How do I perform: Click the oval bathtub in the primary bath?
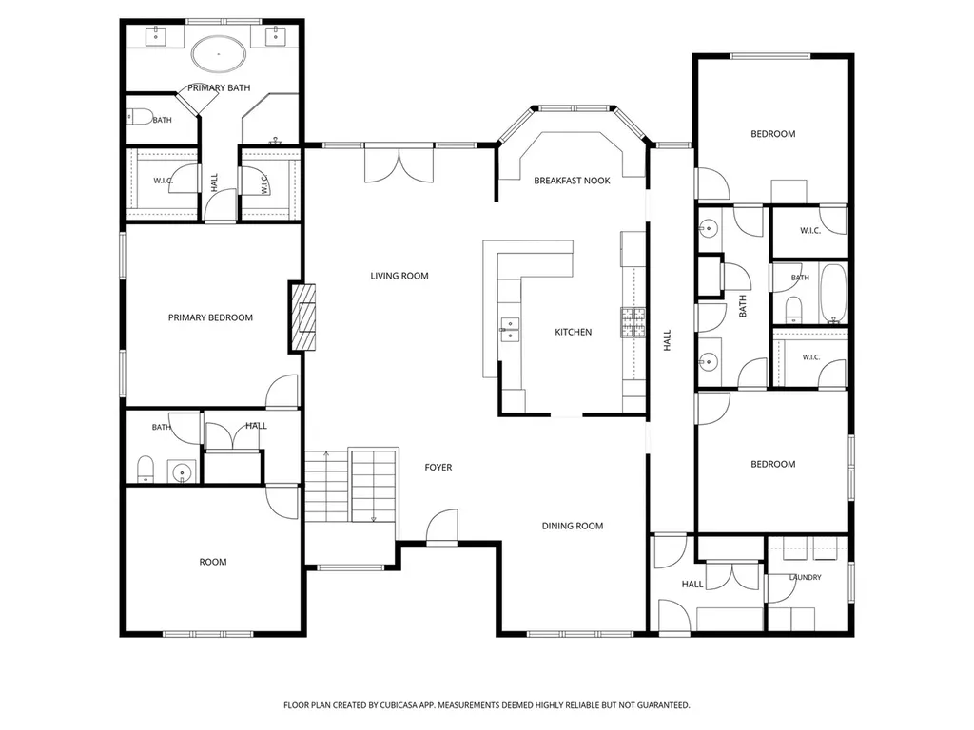(x=218, y=54)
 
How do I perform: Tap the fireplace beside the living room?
(x=302, y=317)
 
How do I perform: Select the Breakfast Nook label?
(x=572, y=181)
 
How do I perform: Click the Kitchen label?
(x=573, y=332)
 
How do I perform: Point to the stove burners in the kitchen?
(x=633, y=322)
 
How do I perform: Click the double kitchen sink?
(x=510, y=330)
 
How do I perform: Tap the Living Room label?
(x=399, y=276)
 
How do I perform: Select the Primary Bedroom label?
(x=210, y=317)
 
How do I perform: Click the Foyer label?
(x=438, y=468)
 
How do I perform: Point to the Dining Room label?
(x=572, y=526)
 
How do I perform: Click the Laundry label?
(x=805, y=577)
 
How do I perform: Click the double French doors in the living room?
(x=399, y=164)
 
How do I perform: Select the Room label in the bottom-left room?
(x=212, y=562)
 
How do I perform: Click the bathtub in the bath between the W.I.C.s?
(x=832, y=294)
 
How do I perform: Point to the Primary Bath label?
(x=219, y=88)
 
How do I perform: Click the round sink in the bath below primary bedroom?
(x=182, y=471)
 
